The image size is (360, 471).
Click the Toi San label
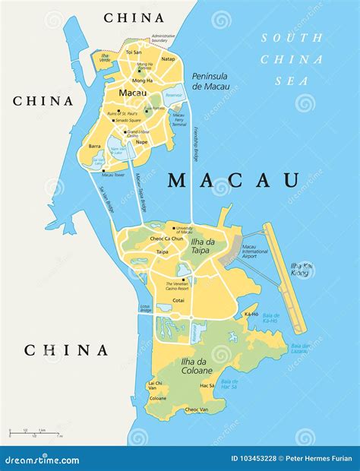pos(134,52)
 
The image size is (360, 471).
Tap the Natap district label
pos(169,58)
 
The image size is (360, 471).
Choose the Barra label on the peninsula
pos(94,146)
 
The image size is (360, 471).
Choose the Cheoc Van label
pos(197,409)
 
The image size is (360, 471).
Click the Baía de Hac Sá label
pos(229,384)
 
